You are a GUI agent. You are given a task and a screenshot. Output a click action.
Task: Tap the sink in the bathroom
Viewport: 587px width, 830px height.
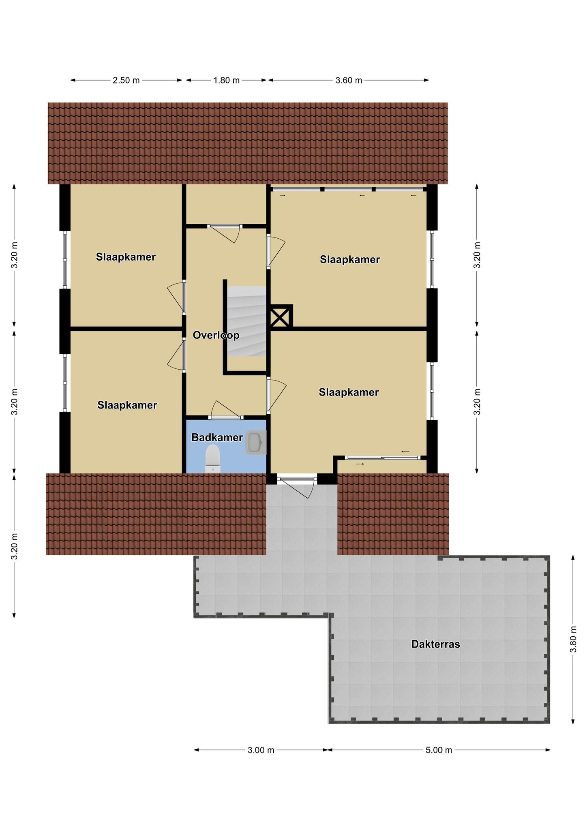[255, 442]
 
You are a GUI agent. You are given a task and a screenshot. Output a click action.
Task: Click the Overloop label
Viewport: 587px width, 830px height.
[216, 335]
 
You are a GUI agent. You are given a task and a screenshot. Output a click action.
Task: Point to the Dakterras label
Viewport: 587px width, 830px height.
[435, 644]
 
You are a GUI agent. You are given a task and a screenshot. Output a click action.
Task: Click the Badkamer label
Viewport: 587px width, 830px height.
[217, 437]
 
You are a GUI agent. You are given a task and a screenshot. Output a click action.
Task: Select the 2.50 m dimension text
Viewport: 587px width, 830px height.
[126, 80]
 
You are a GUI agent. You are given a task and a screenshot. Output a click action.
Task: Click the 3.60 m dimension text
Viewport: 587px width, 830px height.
[349, 80]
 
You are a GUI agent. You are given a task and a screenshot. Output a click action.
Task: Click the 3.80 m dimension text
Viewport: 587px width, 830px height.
[573, 639]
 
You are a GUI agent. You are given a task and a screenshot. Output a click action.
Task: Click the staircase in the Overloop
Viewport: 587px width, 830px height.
[246, 321]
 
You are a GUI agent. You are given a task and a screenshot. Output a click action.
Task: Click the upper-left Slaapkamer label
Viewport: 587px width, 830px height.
[126, 257]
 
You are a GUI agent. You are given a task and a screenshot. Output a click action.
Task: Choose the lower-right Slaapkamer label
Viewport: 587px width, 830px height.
[349, 392]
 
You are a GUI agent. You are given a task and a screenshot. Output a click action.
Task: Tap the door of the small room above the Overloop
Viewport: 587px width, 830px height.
[224, 233]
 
